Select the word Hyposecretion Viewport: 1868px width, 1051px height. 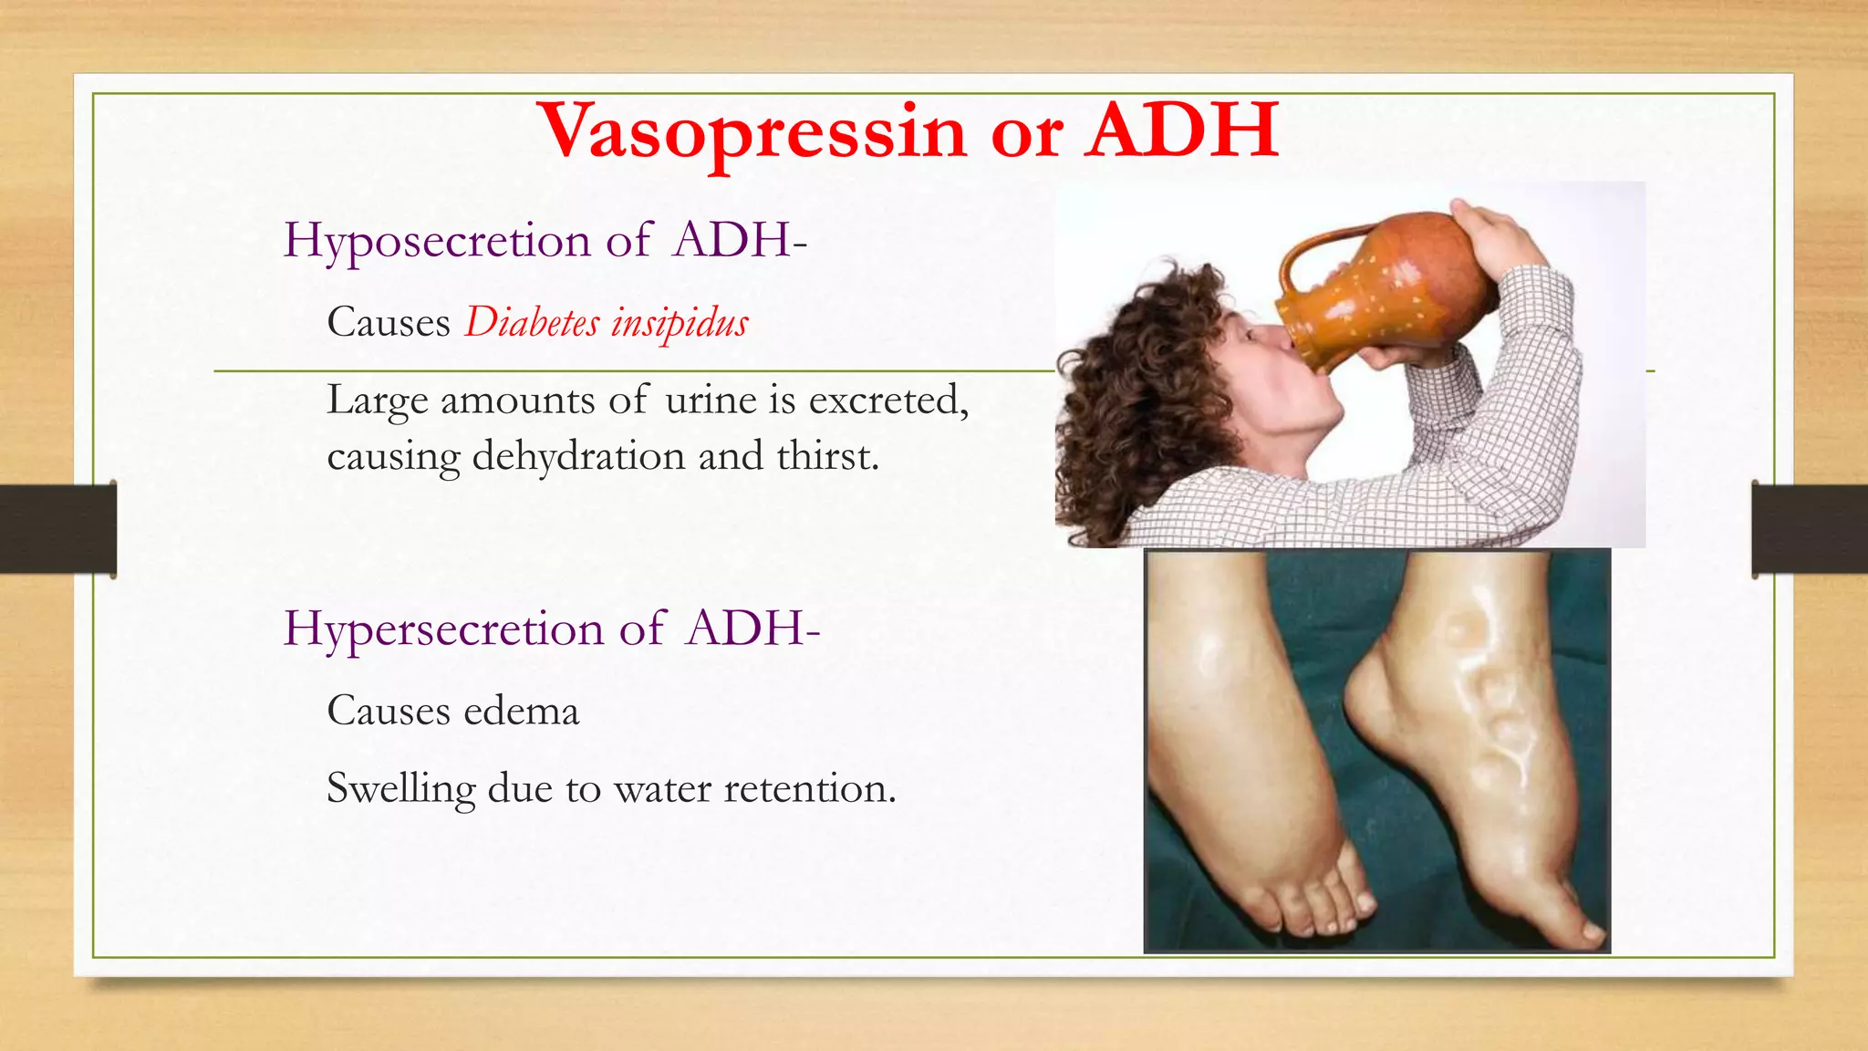tap(437, 242)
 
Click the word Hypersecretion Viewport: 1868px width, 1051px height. tap(443, 630)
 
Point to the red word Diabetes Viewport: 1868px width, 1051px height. tap(533, 322)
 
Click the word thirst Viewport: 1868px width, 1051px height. tap(826, 456)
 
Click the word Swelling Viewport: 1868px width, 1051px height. tap(401, 789)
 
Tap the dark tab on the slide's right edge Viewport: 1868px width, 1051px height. tap(1810, 529)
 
